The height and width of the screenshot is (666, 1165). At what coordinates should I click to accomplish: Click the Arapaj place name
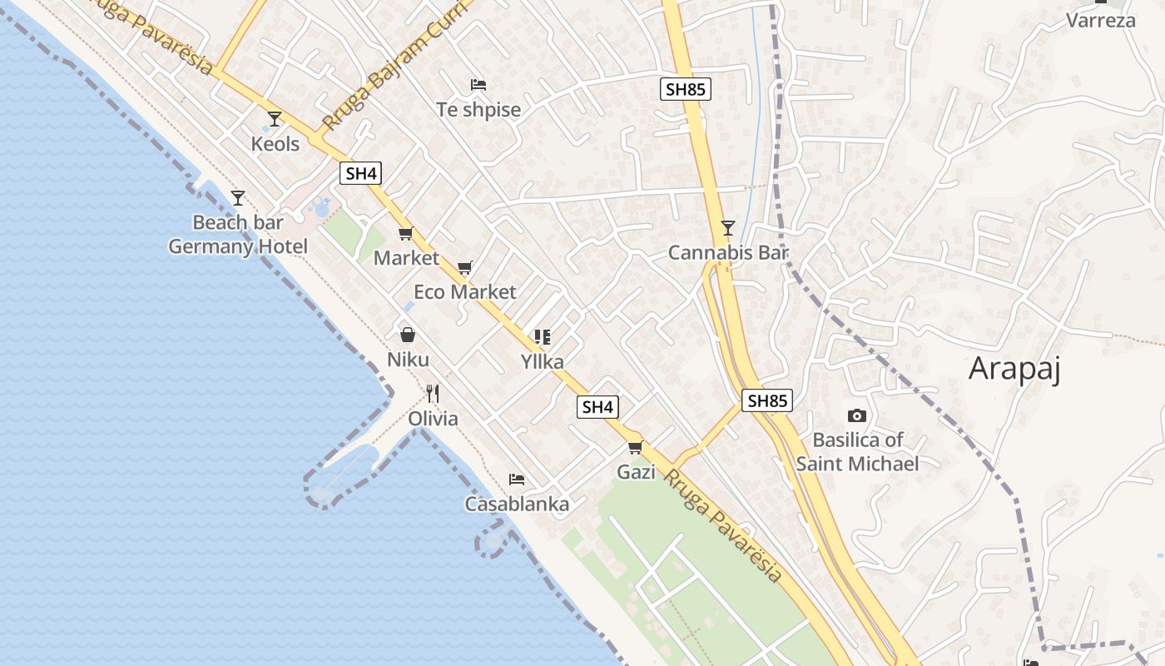1014,368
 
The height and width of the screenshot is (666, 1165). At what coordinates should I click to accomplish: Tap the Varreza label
1101,20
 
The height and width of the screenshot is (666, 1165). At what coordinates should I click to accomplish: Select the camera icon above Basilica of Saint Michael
856,415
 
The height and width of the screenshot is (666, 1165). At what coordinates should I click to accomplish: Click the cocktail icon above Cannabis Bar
728,226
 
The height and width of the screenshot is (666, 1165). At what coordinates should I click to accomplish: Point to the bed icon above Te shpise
478,85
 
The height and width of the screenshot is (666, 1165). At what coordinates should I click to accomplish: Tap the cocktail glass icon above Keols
275,119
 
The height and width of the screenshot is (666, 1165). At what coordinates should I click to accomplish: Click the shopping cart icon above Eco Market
465,267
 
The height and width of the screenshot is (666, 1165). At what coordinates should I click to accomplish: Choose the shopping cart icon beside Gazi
636,448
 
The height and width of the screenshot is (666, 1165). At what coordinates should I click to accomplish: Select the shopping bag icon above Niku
408,335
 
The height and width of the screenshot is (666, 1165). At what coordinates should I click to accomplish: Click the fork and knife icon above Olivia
433,393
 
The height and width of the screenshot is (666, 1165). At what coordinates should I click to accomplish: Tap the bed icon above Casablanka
517,480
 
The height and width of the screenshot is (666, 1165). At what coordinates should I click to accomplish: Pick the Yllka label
542,362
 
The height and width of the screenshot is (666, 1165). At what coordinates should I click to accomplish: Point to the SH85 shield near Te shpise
686,89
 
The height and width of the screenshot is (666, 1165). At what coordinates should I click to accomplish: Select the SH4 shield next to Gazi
598,407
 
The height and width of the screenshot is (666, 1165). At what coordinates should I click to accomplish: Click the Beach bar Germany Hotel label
238,235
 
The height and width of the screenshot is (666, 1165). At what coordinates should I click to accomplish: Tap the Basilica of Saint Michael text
857,451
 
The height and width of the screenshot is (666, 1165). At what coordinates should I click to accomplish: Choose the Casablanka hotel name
517,504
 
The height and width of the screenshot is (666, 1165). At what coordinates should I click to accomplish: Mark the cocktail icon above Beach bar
238,198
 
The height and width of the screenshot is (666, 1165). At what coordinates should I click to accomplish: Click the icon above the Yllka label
543,337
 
